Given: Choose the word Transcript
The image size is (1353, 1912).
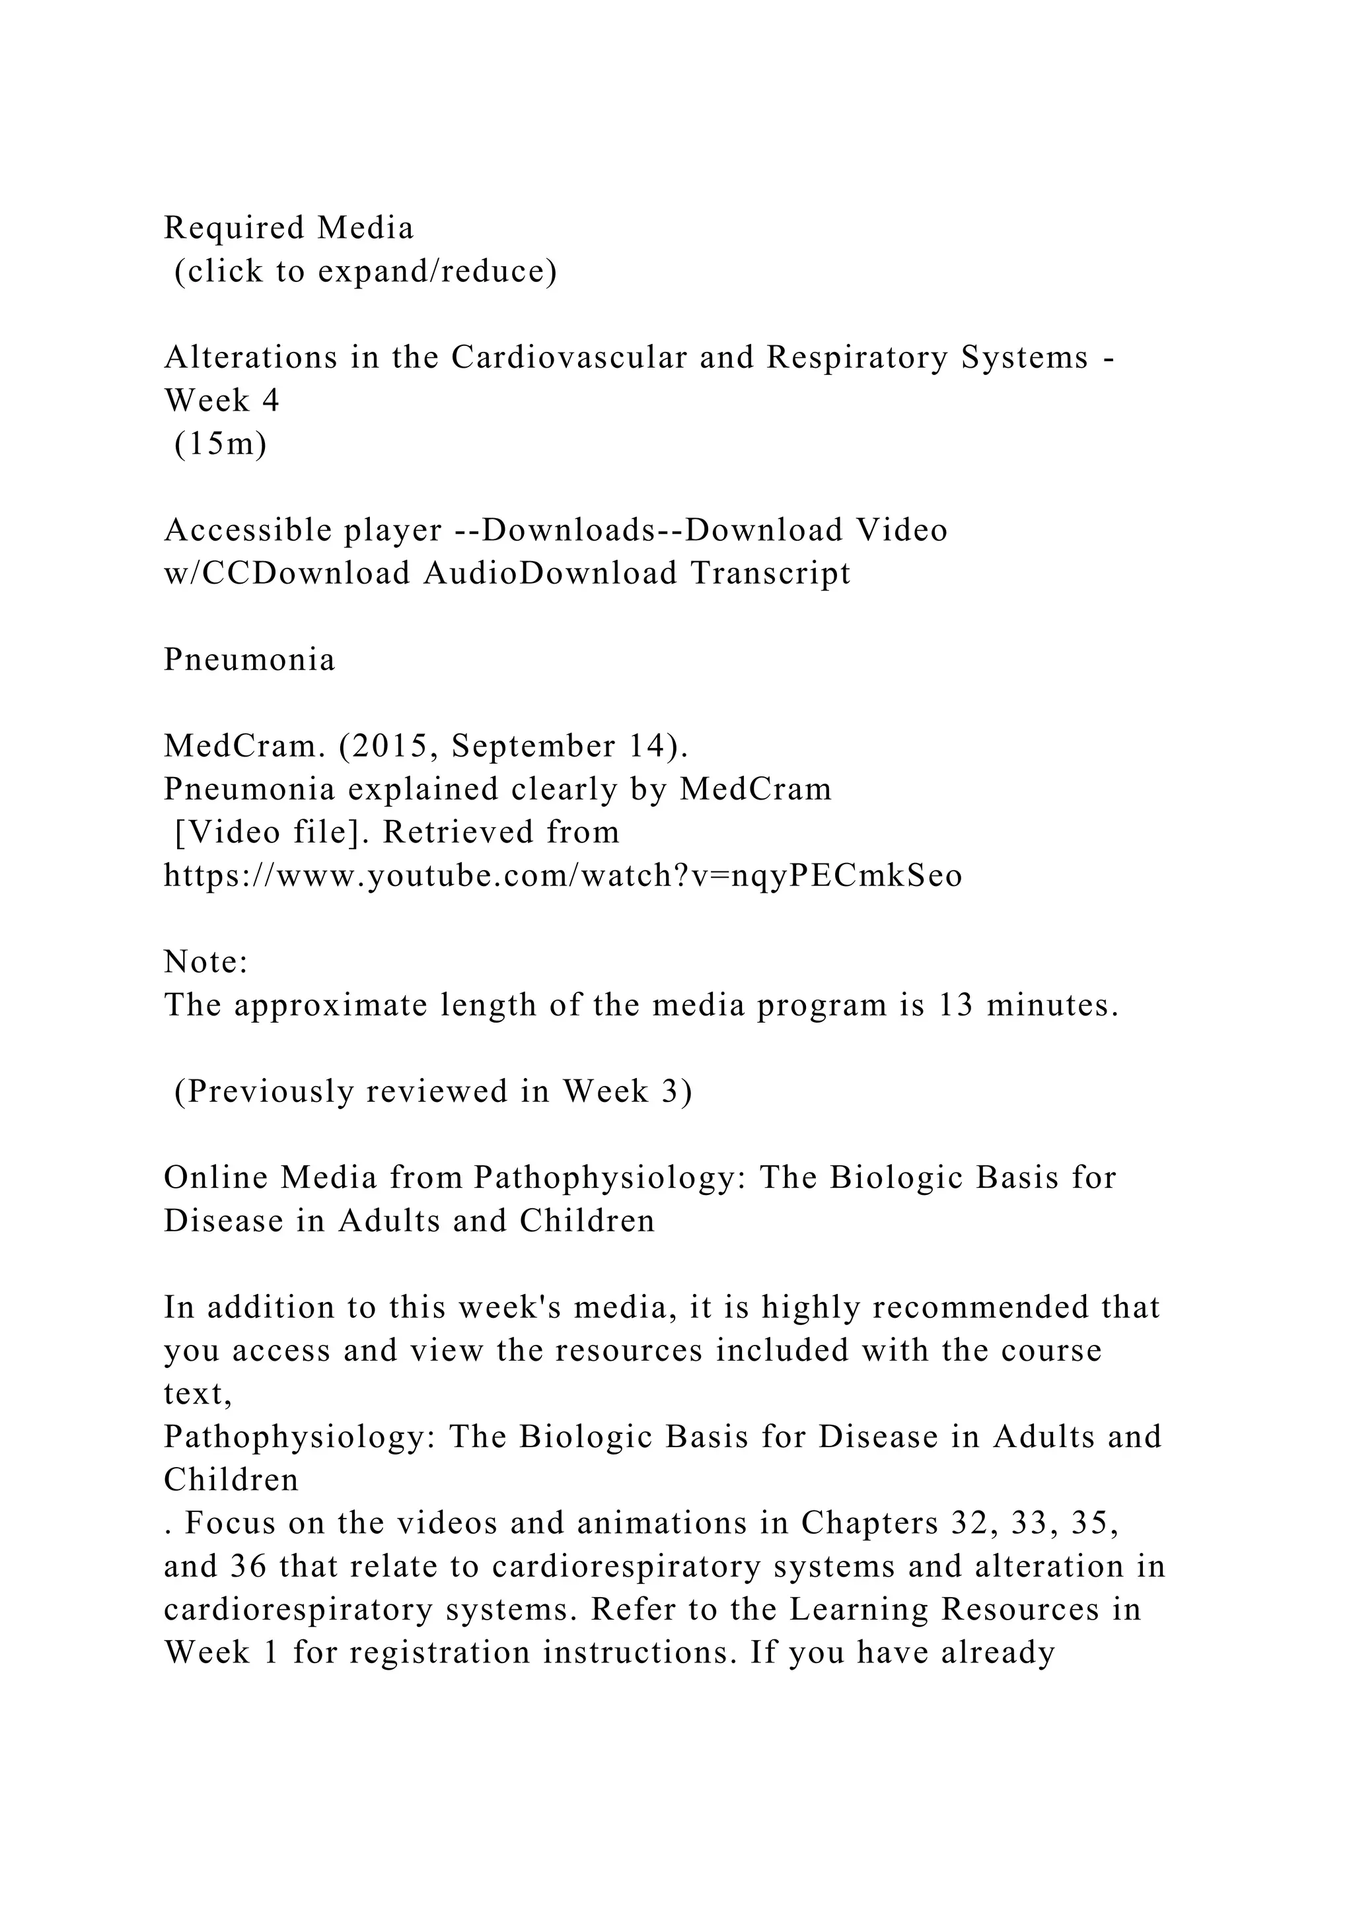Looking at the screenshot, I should pos(770,574).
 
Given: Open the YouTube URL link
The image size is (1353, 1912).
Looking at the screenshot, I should pos(563,876).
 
